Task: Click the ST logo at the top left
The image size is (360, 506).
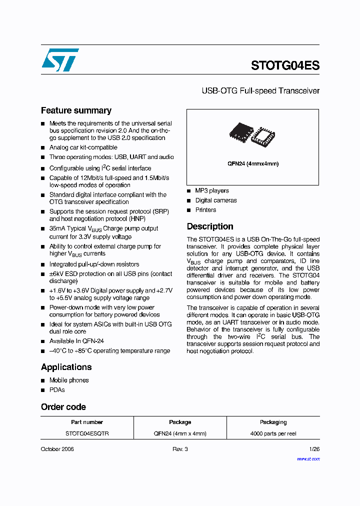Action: [x=60, y=60]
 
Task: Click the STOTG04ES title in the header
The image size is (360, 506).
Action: [x=285, y=65]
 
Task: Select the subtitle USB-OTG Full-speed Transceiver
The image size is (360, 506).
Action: [x=260, y=91]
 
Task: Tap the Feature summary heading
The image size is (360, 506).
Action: [x=76, y=110]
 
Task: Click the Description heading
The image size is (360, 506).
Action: [x=210, y=226]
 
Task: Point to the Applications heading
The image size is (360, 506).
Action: [x=66, y=367]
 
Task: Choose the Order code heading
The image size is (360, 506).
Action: [x=63, y=407]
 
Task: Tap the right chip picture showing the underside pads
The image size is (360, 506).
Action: [x=263, y=136]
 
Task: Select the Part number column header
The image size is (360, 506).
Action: [x=87, y=422]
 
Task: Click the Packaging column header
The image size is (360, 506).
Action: [x=273, y=422]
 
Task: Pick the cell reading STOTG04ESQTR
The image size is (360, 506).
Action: [x=87, y=433]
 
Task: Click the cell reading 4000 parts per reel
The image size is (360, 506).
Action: [x=273, y=433]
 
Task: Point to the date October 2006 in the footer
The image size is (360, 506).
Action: [x=57, y=449]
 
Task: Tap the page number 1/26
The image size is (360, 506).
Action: [x=314, y=449]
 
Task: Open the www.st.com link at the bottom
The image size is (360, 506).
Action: [x=308, y=458]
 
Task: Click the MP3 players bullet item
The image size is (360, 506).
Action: [x=212, y=190]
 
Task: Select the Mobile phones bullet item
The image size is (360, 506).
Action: [x=69, y=380]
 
